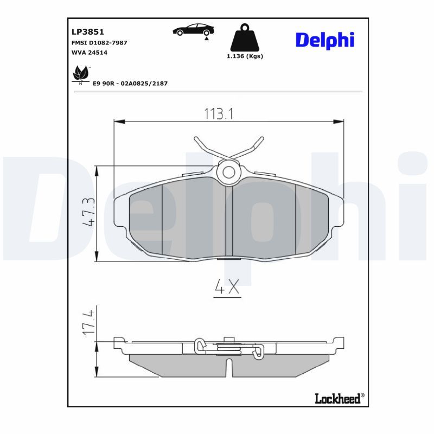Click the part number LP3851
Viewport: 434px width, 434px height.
tap(85, 32)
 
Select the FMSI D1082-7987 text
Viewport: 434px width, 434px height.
tap(100, 42)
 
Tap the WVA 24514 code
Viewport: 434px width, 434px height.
tap(90, 53)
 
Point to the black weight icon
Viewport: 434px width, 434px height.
tap(244, 39)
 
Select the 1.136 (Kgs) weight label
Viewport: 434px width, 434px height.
tap(245, 56)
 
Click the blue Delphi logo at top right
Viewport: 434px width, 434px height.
tap(324, 40)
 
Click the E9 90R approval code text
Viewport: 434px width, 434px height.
tap(130, 83)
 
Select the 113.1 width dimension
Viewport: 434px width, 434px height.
tap(219, 113)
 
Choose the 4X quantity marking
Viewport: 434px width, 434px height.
tap(227, 288)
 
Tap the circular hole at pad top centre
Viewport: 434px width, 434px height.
tap(229, 173)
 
